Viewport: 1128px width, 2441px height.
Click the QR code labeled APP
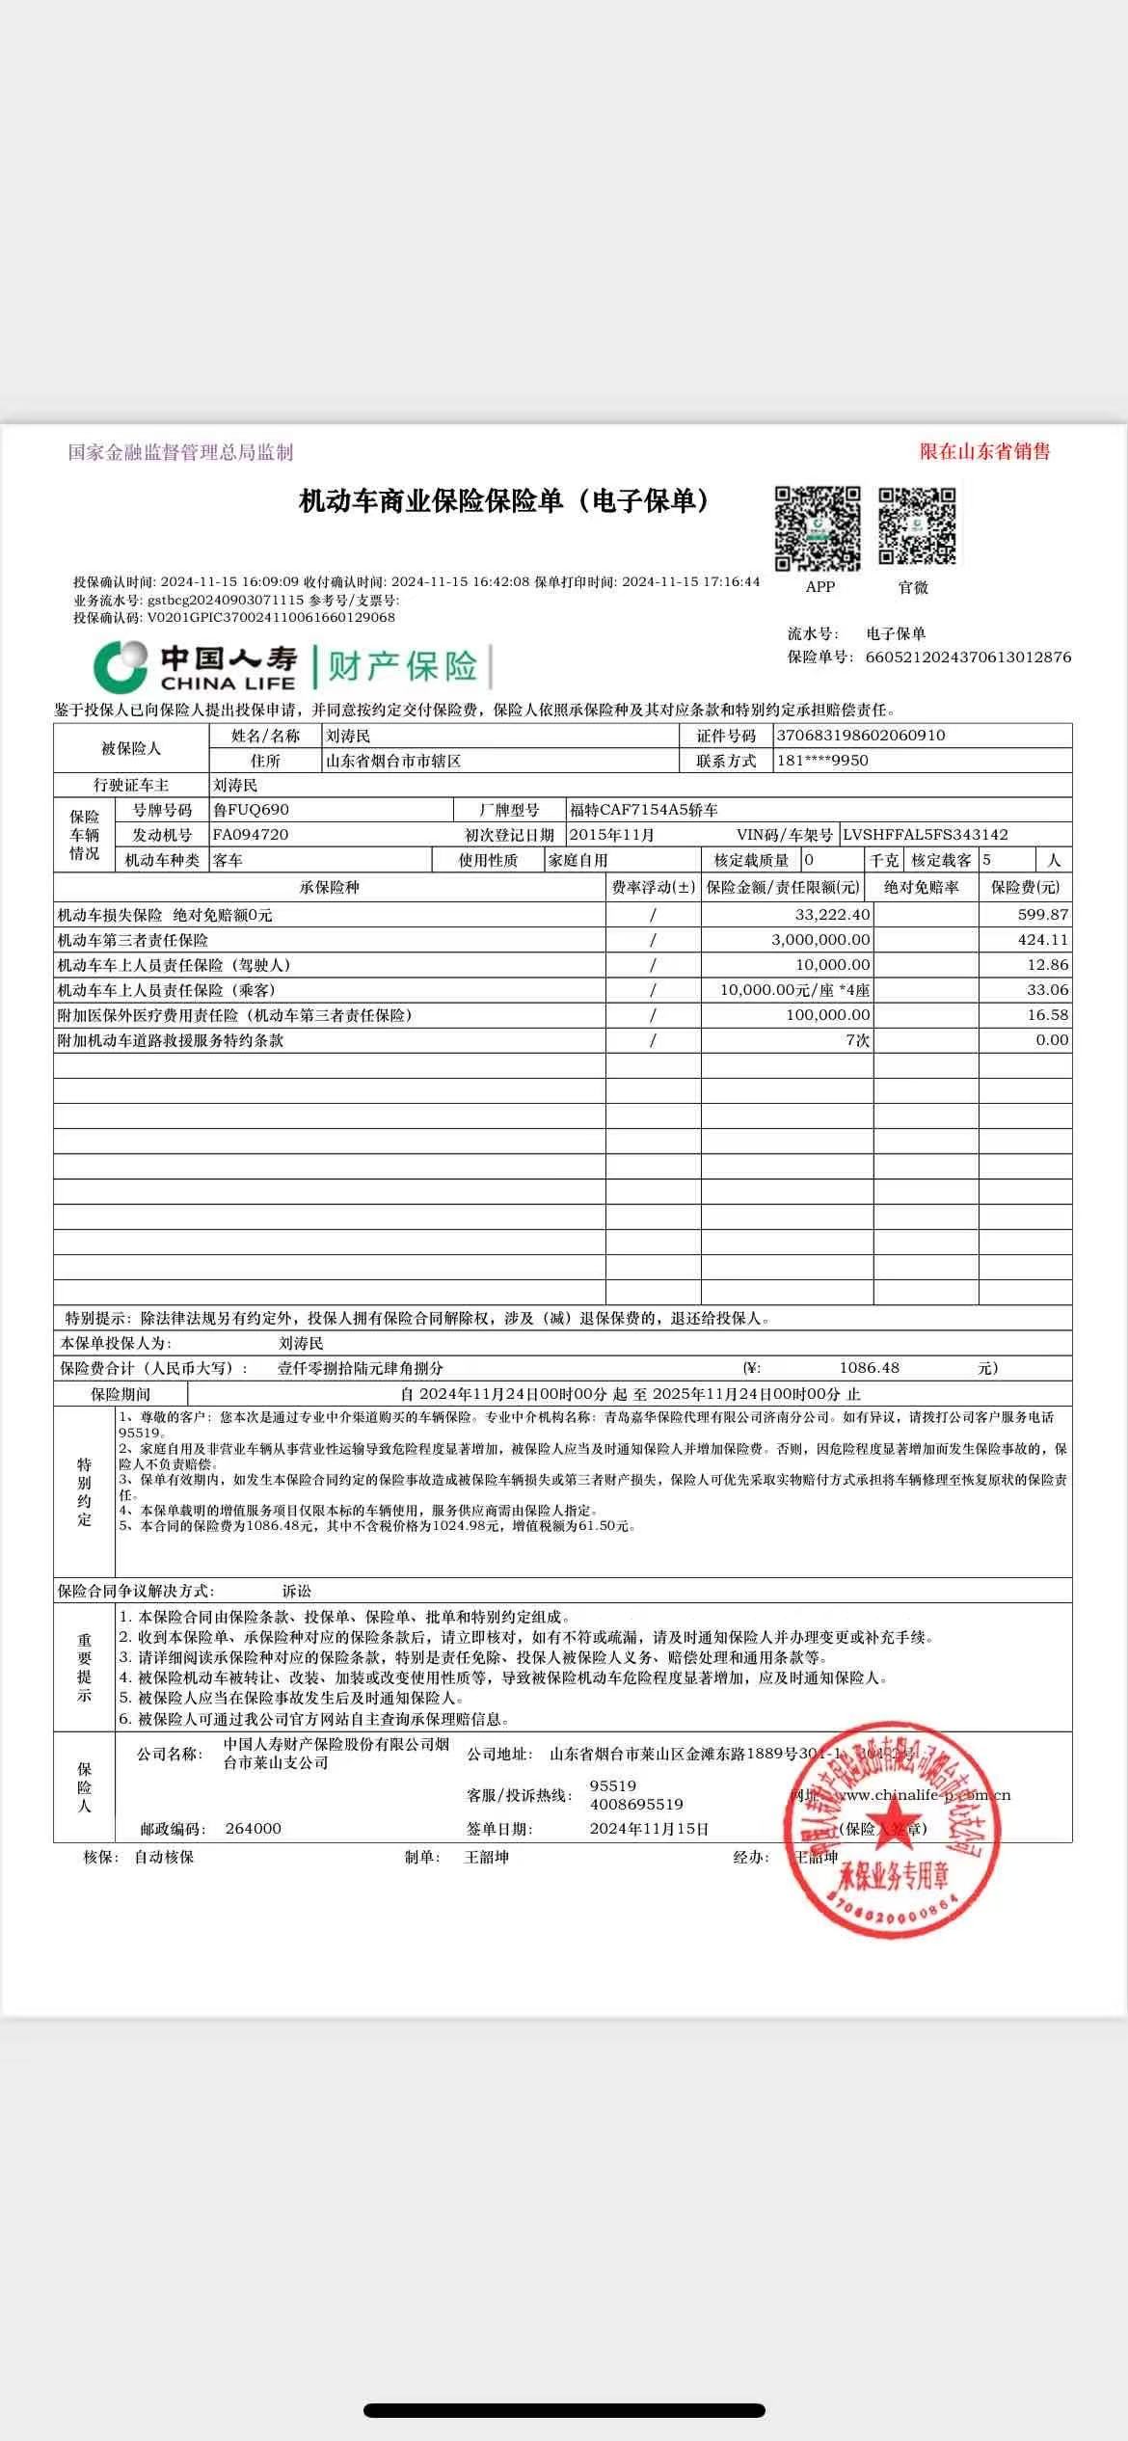pos(818,528)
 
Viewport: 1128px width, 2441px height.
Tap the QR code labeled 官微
pos(917,526)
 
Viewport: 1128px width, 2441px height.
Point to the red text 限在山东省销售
pos(984,451)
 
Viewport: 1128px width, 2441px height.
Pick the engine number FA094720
pos(251,835)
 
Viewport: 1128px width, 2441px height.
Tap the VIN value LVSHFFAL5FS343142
pos(925,835)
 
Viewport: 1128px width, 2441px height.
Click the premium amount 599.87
pos(1043,914)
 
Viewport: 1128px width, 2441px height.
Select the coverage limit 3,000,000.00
pos(820,939)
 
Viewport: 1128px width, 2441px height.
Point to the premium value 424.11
pos(1043,939)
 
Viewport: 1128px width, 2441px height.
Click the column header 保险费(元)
pos(1025,887)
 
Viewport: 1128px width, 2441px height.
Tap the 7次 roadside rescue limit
pos(857,1040)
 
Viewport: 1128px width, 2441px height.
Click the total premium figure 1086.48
pos(869,1368)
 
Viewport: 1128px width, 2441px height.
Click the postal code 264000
pos(253,1829)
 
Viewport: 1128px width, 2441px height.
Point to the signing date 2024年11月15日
pos(649,1829)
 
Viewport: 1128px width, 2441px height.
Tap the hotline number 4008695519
pos(636,1805)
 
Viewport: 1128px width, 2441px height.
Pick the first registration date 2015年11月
pos(612,835)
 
